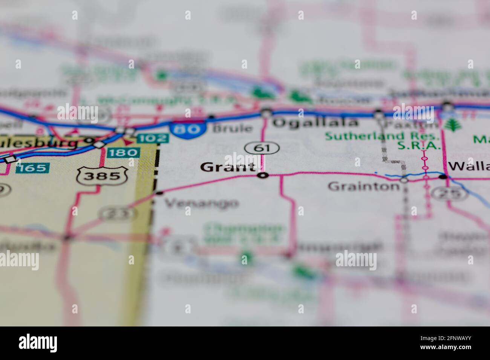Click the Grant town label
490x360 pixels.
pyautogui.click(x=227, y=166)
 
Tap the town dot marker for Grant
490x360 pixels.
pyautogui.click(x=263, y=175)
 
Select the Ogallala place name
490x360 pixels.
pyautogui.click(x=315, y=122)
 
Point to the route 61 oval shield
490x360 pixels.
pyautogui.click(x=262, y=148)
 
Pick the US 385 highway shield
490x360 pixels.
pyautogui.click(x=103, y=175)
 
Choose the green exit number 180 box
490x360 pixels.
pyautogui.click(x=123, y=153)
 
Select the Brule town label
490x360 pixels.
pyautogui.click(x=232, y=128)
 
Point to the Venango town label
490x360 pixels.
pyautogui.click(x=202, y=203)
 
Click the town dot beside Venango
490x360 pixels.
pyautogui.click(x=160, y=193)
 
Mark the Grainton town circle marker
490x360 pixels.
pyautogui.click(x=404, y=180)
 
